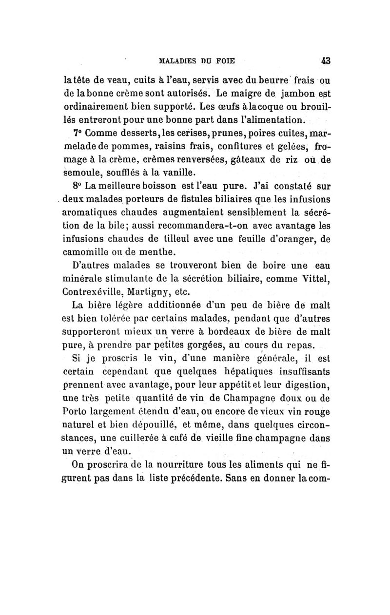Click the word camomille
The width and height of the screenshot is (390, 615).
86,251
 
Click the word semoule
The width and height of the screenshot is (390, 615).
82,172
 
